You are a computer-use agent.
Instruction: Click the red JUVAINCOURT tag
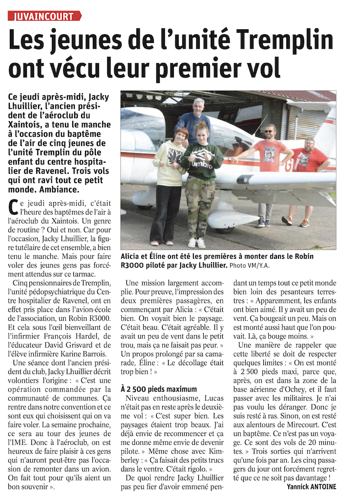(44, 16)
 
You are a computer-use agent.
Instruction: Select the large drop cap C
(14, 207)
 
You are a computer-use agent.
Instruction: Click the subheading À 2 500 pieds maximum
(159, 389)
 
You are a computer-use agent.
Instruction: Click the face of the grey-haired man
(198, 108)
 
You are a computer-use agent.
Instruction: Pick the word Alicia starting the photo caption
(132, 256)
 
